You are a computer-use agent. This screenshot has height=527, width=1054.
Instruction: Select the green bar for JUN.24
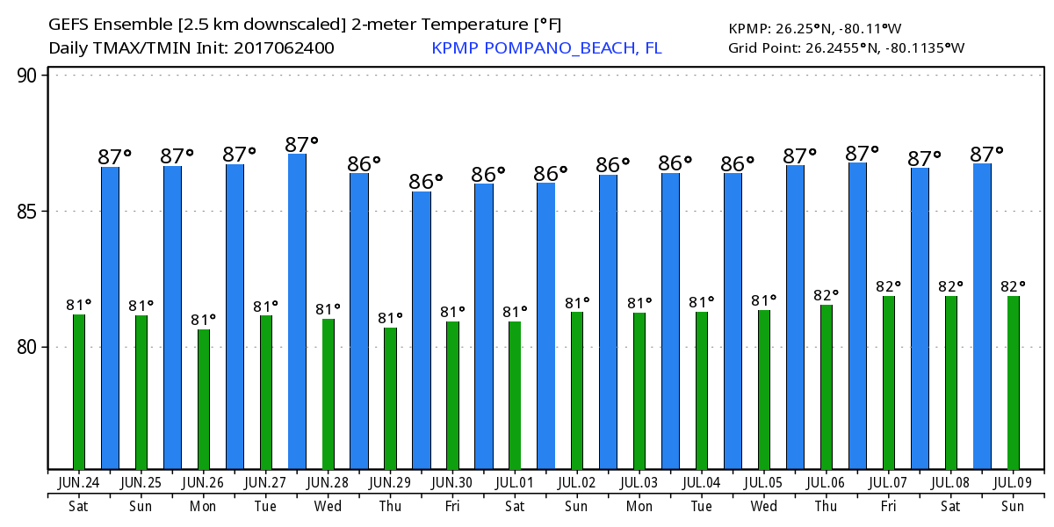tap(79, 392)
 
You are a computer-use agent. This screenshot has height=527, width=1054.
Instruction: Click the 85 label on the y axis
tap(29, 212)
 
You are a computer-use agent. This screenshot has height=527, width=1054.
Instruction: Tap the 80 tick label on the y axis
tap(29, 347)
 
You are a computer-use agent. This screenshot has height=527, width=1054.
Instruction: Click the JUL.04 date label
tap(701, 482)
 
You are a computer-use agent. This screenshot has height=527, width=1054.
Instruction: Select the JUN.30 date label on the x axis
tap(452, 482)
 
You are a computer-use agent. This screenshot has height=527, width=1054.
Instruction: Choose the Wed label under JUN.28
tap(328, 506)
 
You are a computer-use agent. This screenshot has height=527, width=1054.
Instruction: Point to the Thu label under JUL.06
tap(826, 506)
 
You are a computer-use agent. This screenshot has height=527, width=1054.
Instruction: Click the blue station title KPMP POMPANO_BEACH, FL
tap(546, 48)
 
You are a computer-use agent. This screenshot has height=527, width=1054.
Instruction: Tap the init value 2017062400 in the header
tap(284, 48)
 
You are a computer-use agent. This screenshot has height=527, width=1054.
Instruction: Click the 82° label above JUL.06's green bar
tap(826, 295)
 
